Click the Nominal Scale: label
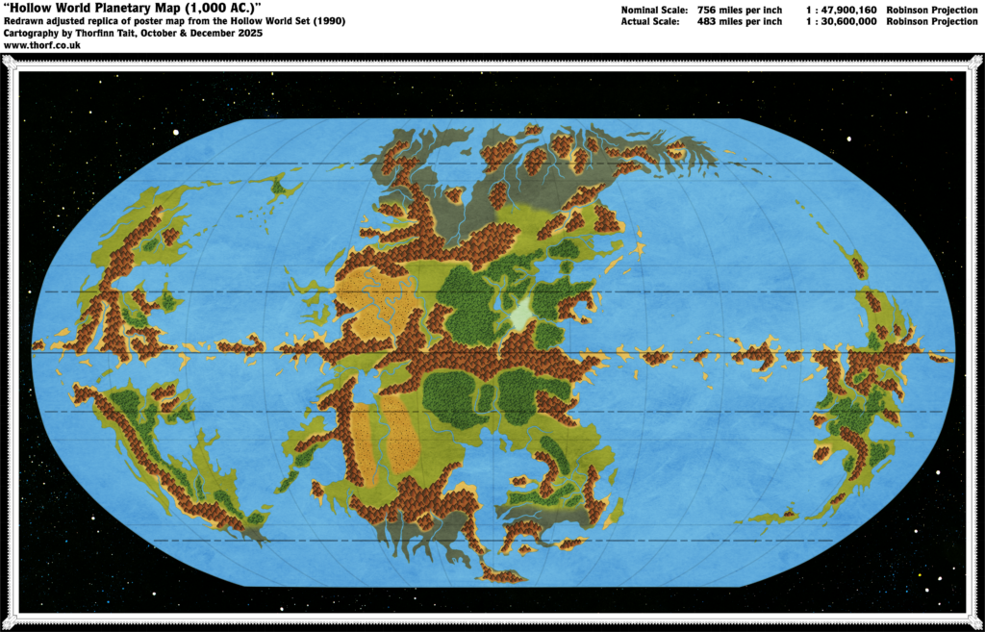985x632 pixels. click(653, 9)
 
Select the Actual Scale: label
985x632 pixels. click(650, 20)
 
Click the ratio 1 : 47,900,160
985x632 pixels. click(840, 9)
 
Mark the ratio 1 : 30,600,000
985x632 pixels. click(840, 20)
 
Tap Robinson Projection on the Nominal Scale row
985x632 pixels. click(932, 9)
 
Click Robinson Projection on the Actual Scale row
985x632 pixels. click(932, 20)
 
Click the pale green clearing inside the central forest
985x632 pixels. click(520, 314)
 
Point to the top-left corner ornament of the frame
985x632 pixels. click(9, 63)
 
